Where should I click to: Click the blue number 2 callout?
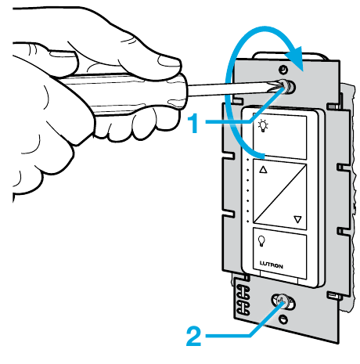click(193, 337)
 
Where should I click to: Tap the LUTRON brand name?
click(272, 265)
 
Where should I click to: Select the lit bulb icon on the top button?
click(263, 126)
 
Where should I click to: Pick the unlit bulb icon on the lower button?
click(261, 241)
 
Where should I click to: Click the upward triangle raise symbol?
click(263, 170)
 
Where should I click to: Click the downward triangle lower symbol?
click(297, 219)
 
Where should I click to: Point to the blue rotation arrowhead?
click(295, 59)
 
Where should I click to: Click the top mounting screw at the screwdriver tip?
click(287, 87)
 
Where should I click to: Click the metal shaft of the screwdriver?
click(232, 88)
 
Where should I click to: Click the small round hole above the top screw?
click(283, 70)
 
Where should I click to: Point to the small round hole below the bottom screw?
click(283, 319)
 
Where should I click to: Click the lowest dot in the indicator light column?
click(247, 222)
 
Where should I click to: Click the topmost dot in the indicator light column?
click(247, 159)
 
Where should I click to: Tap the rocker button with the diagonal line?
click(280, 195)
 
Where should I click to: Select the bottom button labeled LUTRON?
click(280, 253)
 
